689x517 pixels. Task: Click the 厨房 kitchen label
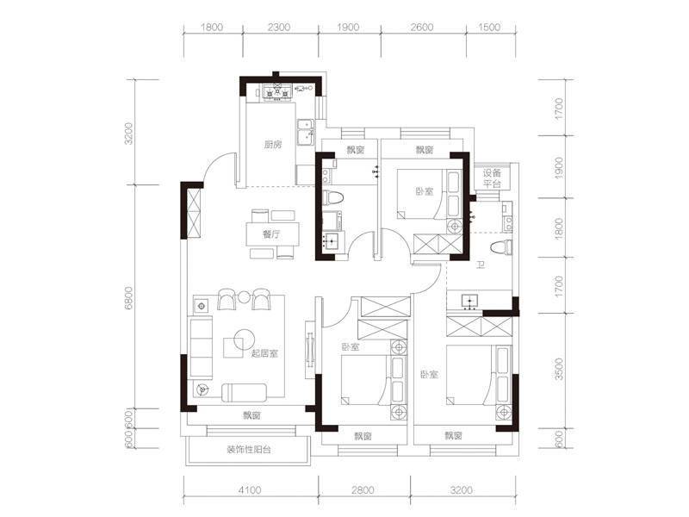pos(273,145)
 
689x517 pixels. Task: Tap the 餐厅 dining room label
pos(271,234)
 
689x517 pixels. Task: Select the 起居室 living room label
pos(264,353)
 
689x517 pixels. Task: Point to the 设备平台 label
pos(492,178)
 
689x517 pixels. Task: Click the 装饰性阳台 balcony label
pos(249,450)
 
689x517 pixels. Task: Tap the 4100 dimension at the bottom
pos(250,489)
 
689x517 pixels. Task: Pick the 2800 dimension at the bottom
pos(363,489)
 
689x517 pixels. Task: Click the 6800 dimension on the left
pos(128,298)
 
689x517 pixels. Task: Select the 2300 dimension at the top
pos(279,28)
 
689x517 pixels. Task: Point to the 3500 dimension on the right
pos(558,370)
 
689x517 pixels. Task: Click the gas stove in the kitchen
pos(277,93)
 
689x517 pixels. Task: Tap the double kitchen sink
pos(306,132)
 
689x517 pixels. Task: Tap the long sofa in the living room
pos(201,347)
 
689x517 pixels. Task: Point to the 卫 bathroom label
pos(481,265)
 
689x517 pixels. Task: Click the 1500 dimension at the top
pos(489,28)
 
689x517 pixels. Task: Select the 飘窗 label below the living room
pos(251,415)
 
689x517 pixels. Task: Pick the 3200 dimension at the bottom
pos(462,489)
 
